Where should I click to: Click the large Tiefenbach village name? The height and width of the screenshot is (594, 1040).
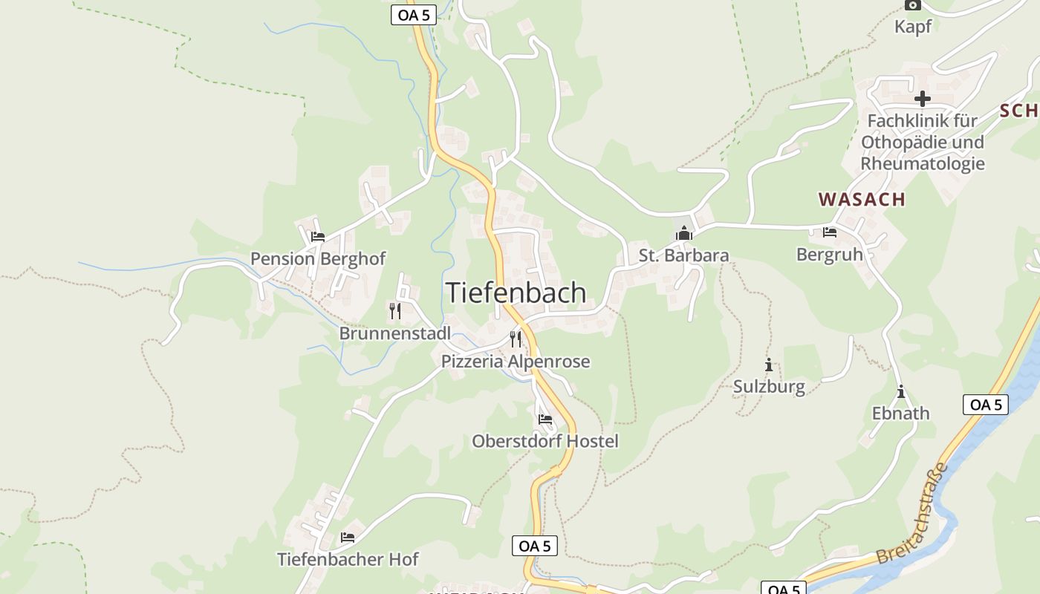(x=516, y=293)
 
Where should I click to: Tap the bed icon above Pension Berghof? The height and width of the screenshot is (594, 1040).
(x=318, y=237)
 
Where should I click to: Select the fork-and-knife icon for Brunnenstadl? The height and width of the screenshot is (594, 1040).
(x=395, y=310)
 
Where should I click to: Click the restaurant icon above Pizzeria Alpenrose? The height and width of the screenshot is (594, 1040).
(x=516, y=339)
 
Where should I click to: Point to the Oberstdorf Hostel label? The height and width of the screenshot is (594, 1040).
(x=545, y=441)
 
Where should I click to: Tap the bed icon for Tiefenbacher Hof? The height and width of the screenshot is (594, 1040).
(x=348, y=537)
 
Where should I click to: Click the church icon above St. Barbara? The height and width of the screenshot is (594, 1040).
(x=683, y=234)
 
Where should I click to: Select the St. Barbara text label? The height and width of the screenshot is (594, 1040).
(x=683, y=255)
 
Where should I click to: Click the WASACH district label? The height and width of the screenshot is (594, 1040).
(x=862, y=199)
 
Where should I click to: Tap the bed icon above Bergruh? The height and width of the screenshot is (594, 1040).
(x=830, y=232)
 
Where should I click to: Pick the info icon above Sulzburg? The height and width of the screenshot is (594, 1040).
(x=769, y=365)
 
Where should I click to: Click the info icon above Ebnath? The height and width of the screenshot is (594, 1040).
(x=901, y=391)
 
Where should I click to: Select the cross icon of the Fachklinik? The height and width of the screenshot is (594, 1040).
(x=922, y=98)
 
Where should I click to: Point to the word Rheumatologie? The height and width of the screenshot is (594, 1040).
(x=922, y=163)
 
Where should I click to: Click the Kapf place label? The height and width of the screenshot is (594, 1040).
(x=912, y=27)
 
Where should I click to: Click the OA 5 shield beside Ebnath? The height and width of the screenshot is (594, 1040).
(x=986, y=405)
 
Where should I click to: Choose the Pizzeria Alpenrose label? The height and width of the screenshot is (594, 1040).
(x=516, y=362)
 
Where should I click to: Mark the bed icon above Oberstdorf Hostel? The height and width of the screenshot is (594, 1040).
(x=545, y=420)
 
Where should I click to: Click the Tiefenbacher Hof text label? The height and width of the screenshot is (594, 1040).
(x=348, y=559)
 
